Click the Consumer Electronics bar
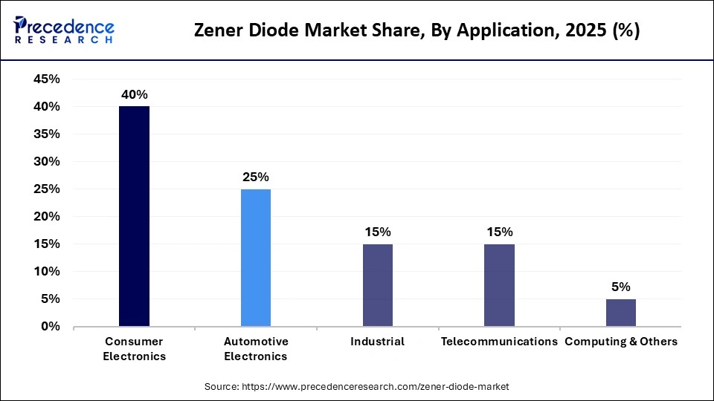point(135,216)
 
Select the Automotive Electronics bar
point(256,258)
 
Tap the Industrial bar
point(378,285)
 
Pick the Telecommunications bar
point(499,285)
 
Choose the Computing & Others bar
point(621,313)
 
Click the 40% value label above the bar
point(135,95)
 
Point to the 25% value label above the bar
point(256,177)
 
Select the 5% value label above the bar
point(621,287)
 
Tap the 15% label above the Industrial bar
point(378,232)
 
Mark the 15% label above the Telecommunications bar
point(499,232)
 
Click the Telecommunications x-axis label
point(499,342)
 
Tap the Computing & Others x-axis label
point(621,342)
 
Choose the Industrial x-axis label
point(378,342)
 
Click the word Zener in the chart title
point(219,31)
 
